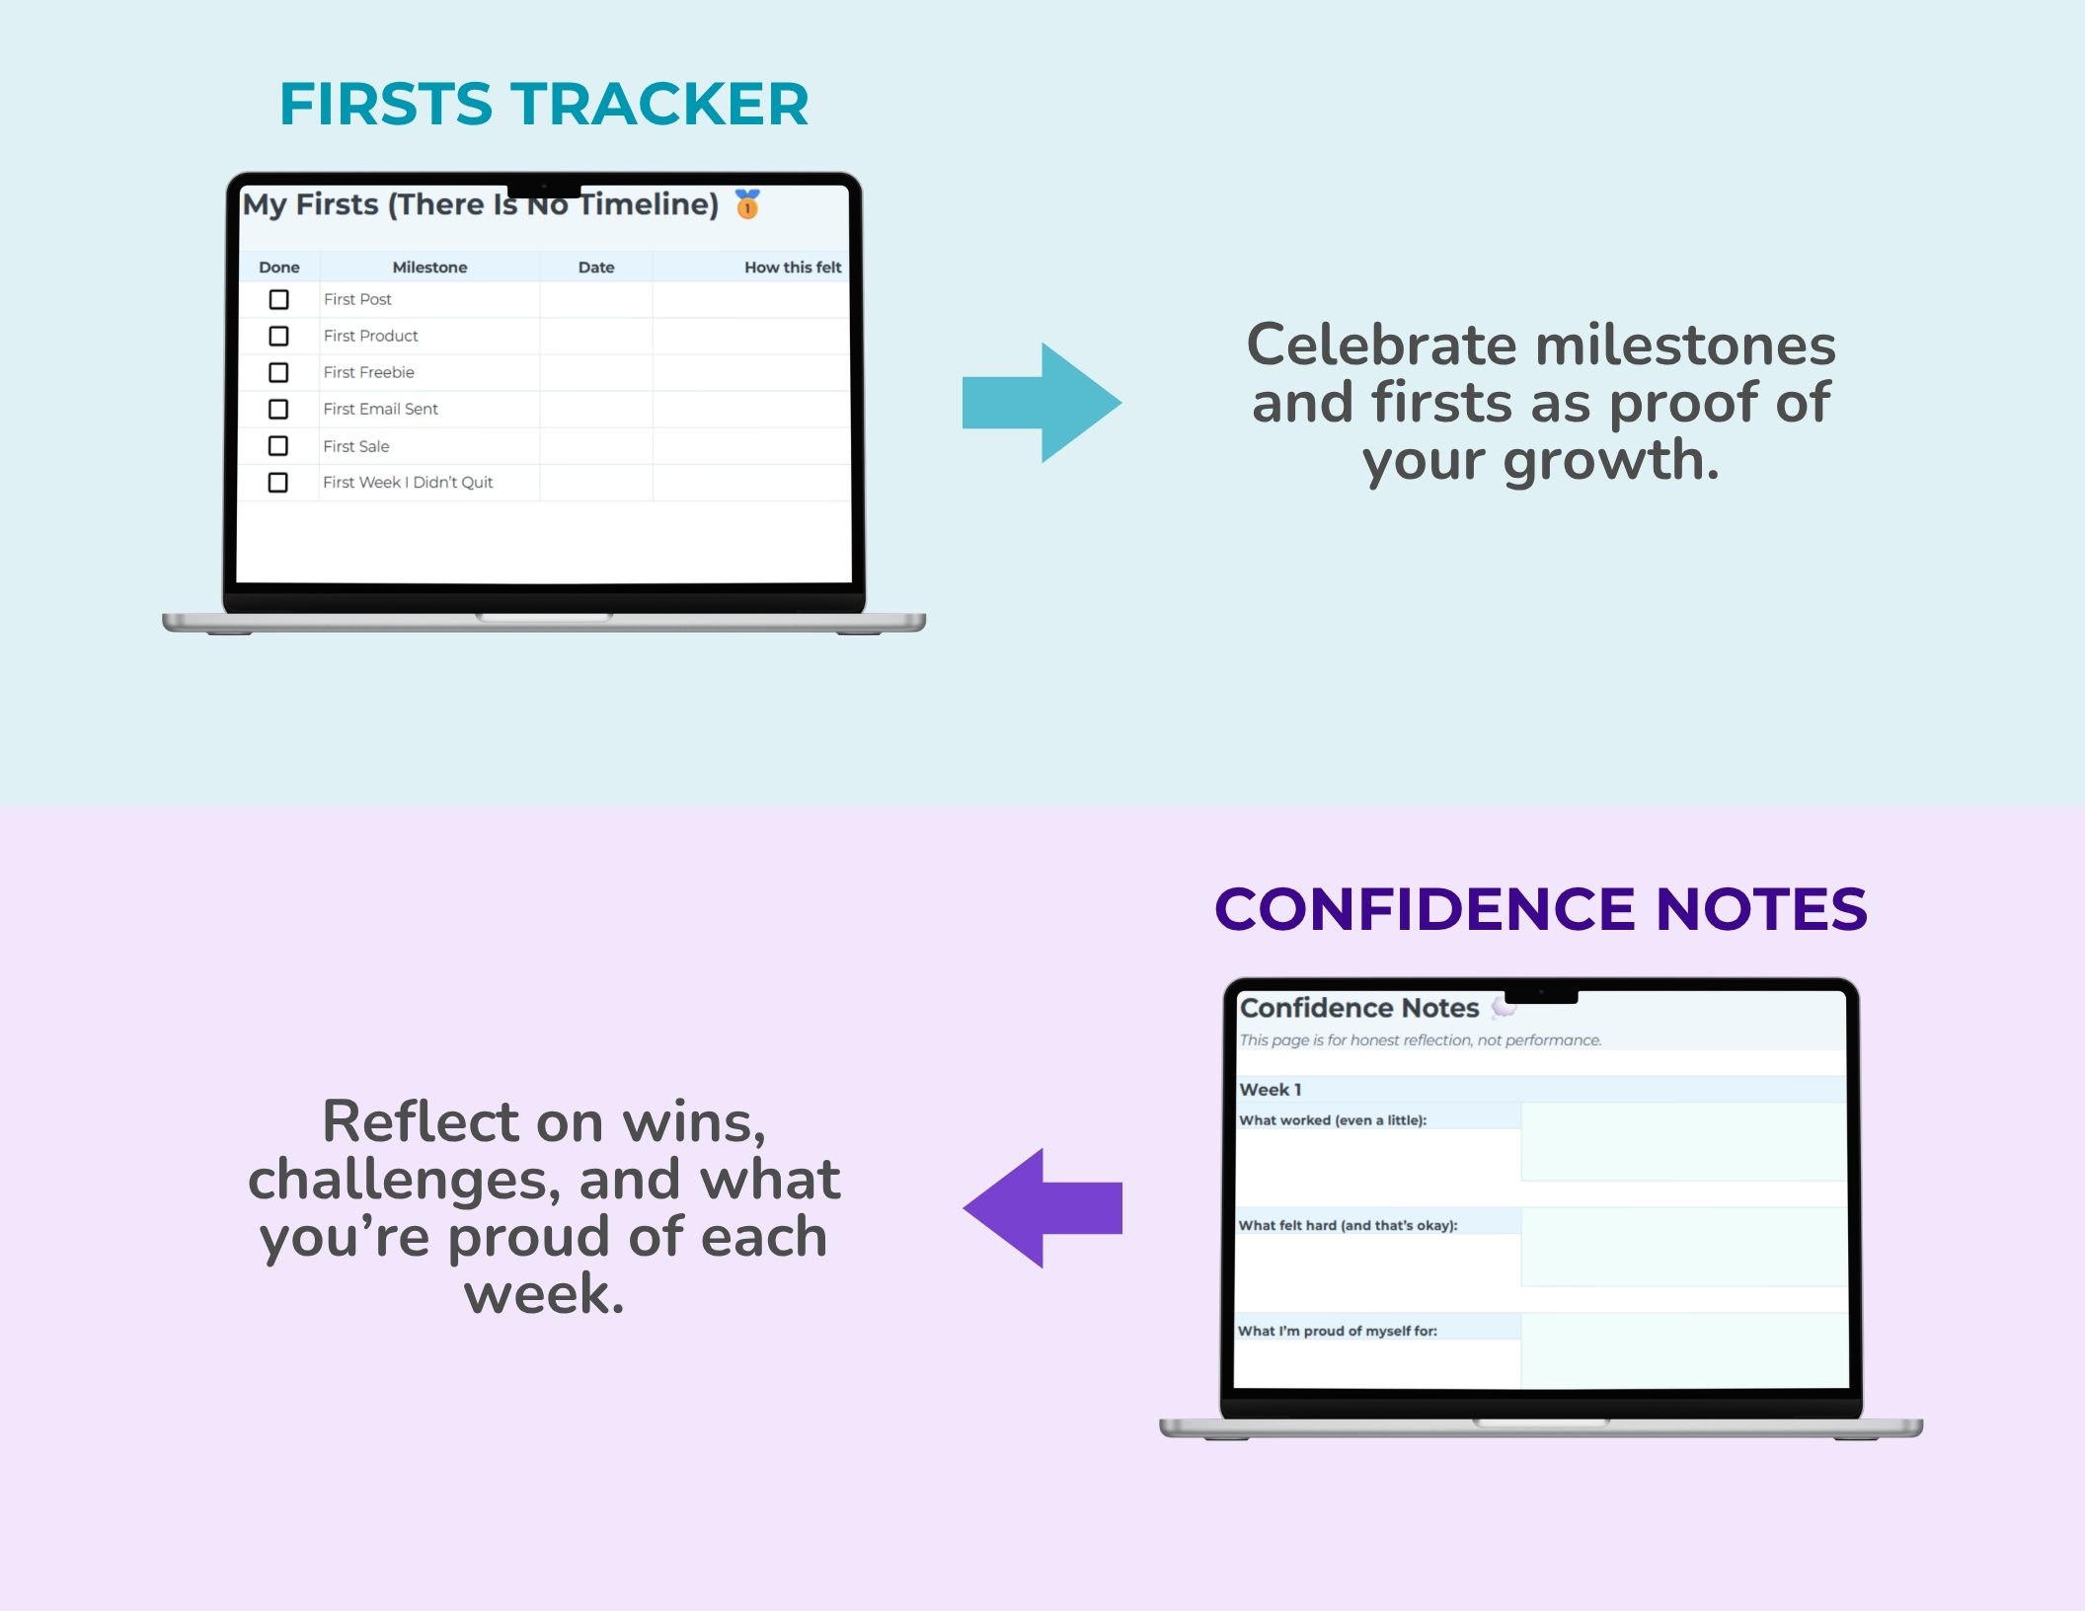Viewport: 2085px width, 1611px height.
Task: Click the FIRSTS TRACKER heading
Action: pyautogui.click(x=544, y=104)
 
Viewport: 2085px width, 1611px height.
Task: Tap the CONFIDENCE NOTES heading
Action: pyautogui.click(x=1541, y=908)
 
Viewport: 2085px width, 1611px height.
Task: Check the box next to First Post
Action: pyautogui.click(x=279, y=299)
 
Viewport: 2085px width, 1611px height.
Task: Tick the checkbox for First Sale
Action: pyautogui.click(x=278, y=446)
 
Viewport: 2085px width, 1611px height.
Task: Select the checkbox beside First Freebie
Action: pyautogui.click(x=279, y=372)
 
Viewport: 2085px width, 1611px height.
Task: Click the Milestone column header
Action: pyautogui.click(x=429, y=268)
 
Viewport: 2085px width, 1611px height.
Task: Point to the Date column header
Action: pyautogui.click(x=596, y=268)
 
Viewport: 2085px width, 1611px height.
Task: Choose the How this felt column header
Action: pyautogui.click(x=793, y=268)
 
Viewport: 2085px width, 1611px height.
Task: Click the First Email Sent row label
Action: pyautogui.click(x=380, y=409)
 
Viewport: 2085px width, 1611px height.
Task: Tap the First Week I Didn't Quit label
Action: pyautogui.click(x=408, y=482)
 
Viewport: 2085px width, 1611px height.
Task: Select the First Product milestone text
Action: pyautogui.click(x=370, y=336)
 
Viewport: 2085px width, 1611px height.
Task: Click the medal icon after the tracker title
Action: pyautogui.click(x=747, y=204)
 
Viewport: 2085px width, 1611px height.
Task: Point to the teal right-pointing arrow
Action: pyautogui.click(x=1042, y=403)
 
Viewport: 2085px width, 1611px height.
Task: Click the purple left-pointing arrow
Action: pyautogui.click(x=1042, y=1207)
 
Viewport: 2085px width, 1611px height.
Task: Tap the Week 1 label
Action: pyautogui.click(x=1271, y=1090)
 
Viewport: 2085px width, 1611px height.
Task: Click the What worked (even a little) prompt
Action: pyautogui.click(x=1333, y=1120)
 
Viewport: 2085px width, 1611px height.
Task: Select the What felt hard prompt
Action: pyautogui.click(x=1349, y=1225)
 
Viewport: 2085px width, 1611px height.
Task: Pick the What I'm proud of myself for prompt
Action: pyautogui.click(x=1338, y=1331)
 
